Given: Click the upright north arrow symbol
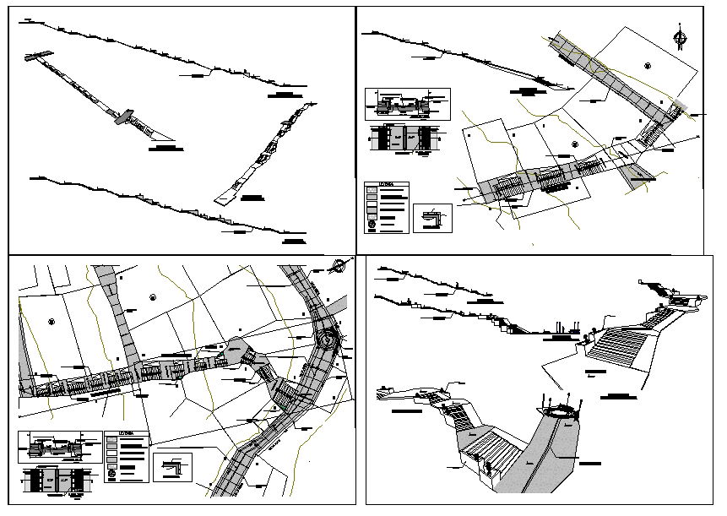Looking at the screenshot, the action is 681,38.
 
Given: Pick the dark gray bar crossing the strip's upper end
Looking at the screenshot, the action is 37,56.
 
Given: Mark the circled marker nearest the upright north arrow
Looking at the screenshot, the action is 647,66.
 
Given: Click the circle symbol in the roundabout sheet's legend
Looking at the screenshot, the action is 112,474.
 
